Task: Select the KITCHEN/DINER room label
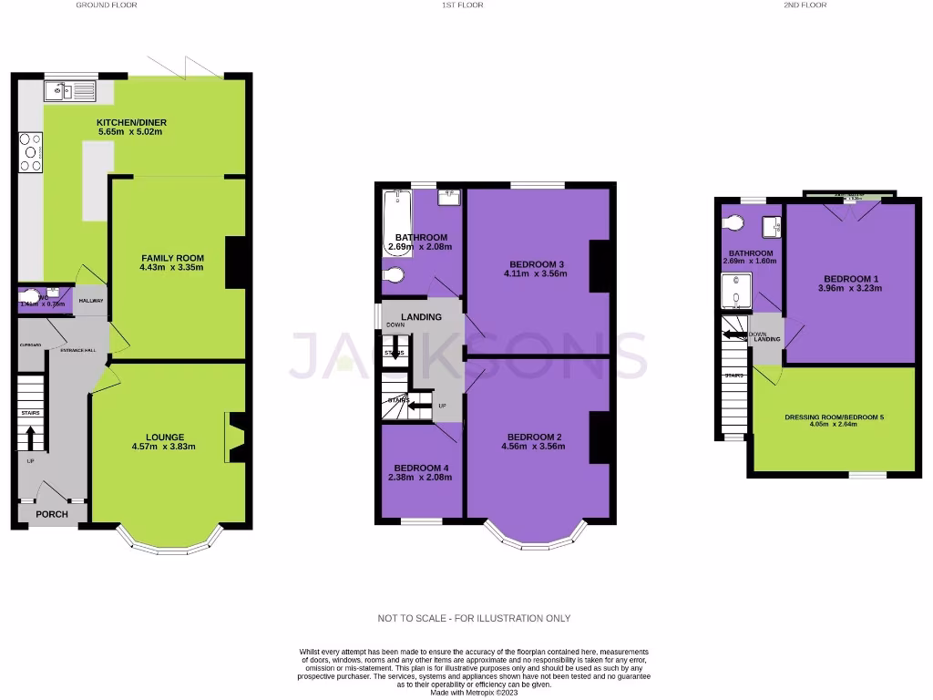pyautogui.click(x=132, y=122)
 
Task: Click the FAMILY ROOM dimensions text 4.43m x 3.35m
pyautogui.click(x=171, y=267)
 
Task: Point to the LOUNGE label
pyautogui.click(x=165, y=437)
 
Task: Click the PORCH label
pyautogui.click(x=52, y=514)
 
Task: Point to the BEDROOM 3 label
pyautogui.click(x=536, y=262)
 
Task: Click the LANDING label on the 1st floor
pyautogui.click(x=421, y=317)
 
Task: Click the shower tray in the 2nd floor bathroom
pyautogui.click(x=736, y=293)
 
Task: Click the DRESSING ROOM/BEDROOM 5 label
pyautogui.click(x=834, y=417)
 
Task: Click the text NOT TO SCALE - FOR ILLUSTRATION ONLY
pyautogui.click(x=474, y=618)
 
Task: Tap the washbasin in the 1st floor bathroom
pyautogui.click(x=449, y=195)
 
